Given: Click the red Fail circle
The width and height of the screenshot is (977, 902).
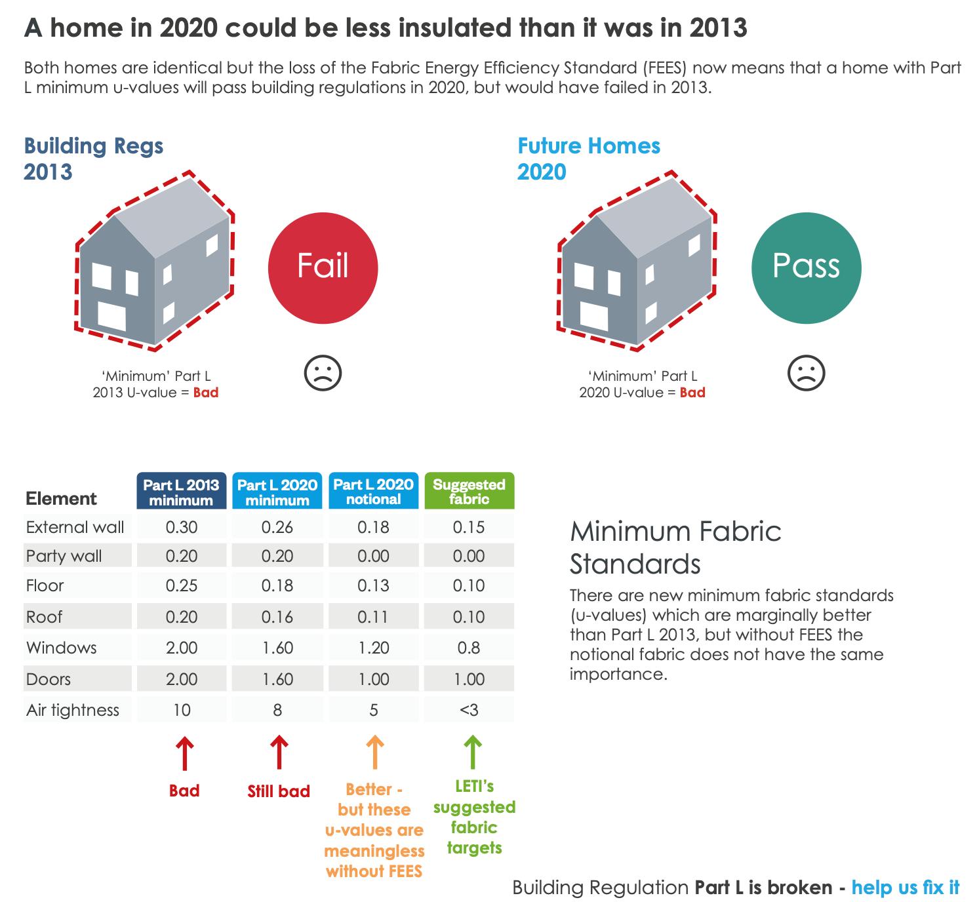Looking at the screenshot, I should point(323,267).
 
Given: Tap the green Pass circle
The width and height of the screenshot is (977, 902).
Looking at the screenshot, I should point(806,267).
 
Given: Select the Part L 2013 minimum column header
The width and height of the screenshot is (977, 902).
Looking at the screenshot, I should point(182,492).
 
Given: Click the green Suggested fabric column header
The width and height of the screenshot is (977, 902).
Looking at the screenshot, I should point(469,492).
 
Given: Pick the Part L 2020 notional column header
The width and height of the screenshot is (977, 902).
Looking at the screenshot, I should point(374,492).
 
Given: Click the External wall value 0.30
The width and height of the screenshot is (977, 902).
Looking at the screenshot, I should point(182,528).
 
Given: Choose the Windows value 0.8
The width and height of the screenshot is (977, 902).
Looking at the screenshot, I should point(469,648).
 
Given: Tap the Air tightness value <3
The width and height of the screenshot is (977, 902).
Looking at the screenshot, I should point(469,711).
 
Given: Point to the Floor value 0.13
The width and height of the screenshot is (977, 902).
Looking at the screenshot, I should point(374,586).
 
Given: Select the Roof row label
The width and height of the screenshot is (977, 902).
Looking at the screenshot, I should point(45,617).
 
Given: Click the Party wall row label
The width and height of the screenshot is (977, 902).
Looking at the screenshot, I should point(64,557).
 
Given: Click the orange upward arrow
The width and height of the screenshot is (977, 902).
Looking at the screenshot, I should point(374,752).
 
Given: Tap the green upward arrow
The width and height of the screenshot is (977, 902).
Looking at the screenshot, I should point(472,752).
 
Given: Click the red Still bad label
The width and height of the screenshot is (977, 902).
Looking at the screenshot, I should point(279,791).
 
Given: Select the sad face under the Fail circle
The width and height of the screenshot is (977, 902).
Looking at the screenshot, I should point(323,374).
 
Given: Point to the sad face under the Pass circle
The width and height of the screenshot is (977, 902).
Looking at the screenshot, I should point(806,374).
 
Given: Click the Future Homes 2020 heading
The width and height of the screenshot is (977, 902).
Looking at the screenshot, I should point(589,159).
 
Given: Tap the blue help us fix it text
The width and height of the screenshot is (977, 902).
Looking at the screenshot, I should point(906,888).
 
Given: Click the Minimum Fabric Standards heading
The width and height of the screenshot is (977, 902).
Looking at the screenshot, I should point(675,547).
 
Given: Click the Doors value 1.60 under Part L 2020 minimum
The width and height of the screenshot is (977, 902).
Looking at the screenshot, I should point(277,680).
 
